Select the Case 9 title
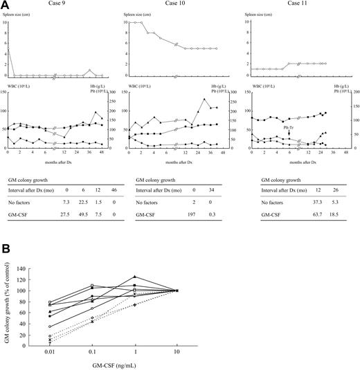click(55, 6)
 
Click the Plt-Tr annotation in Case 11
click(288, 127)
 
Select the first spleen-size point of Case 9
click(8, 48)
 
